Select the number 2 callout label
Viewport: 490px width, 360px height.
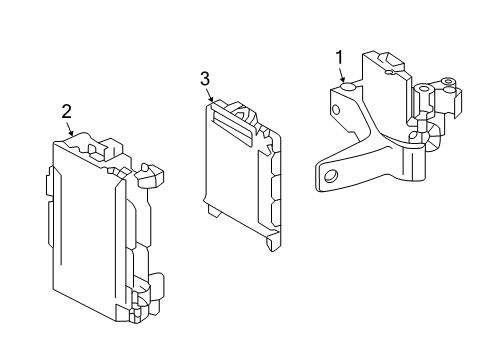click(x=66, y=112)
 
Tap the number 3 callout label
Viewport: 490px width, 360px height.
click(x=205, y=77)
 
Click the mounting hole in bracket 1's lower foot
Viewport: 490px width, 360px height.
click(x=327, y=176)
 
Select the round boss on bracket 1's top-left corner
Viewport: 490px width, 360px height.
click(x=347, y=89)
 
